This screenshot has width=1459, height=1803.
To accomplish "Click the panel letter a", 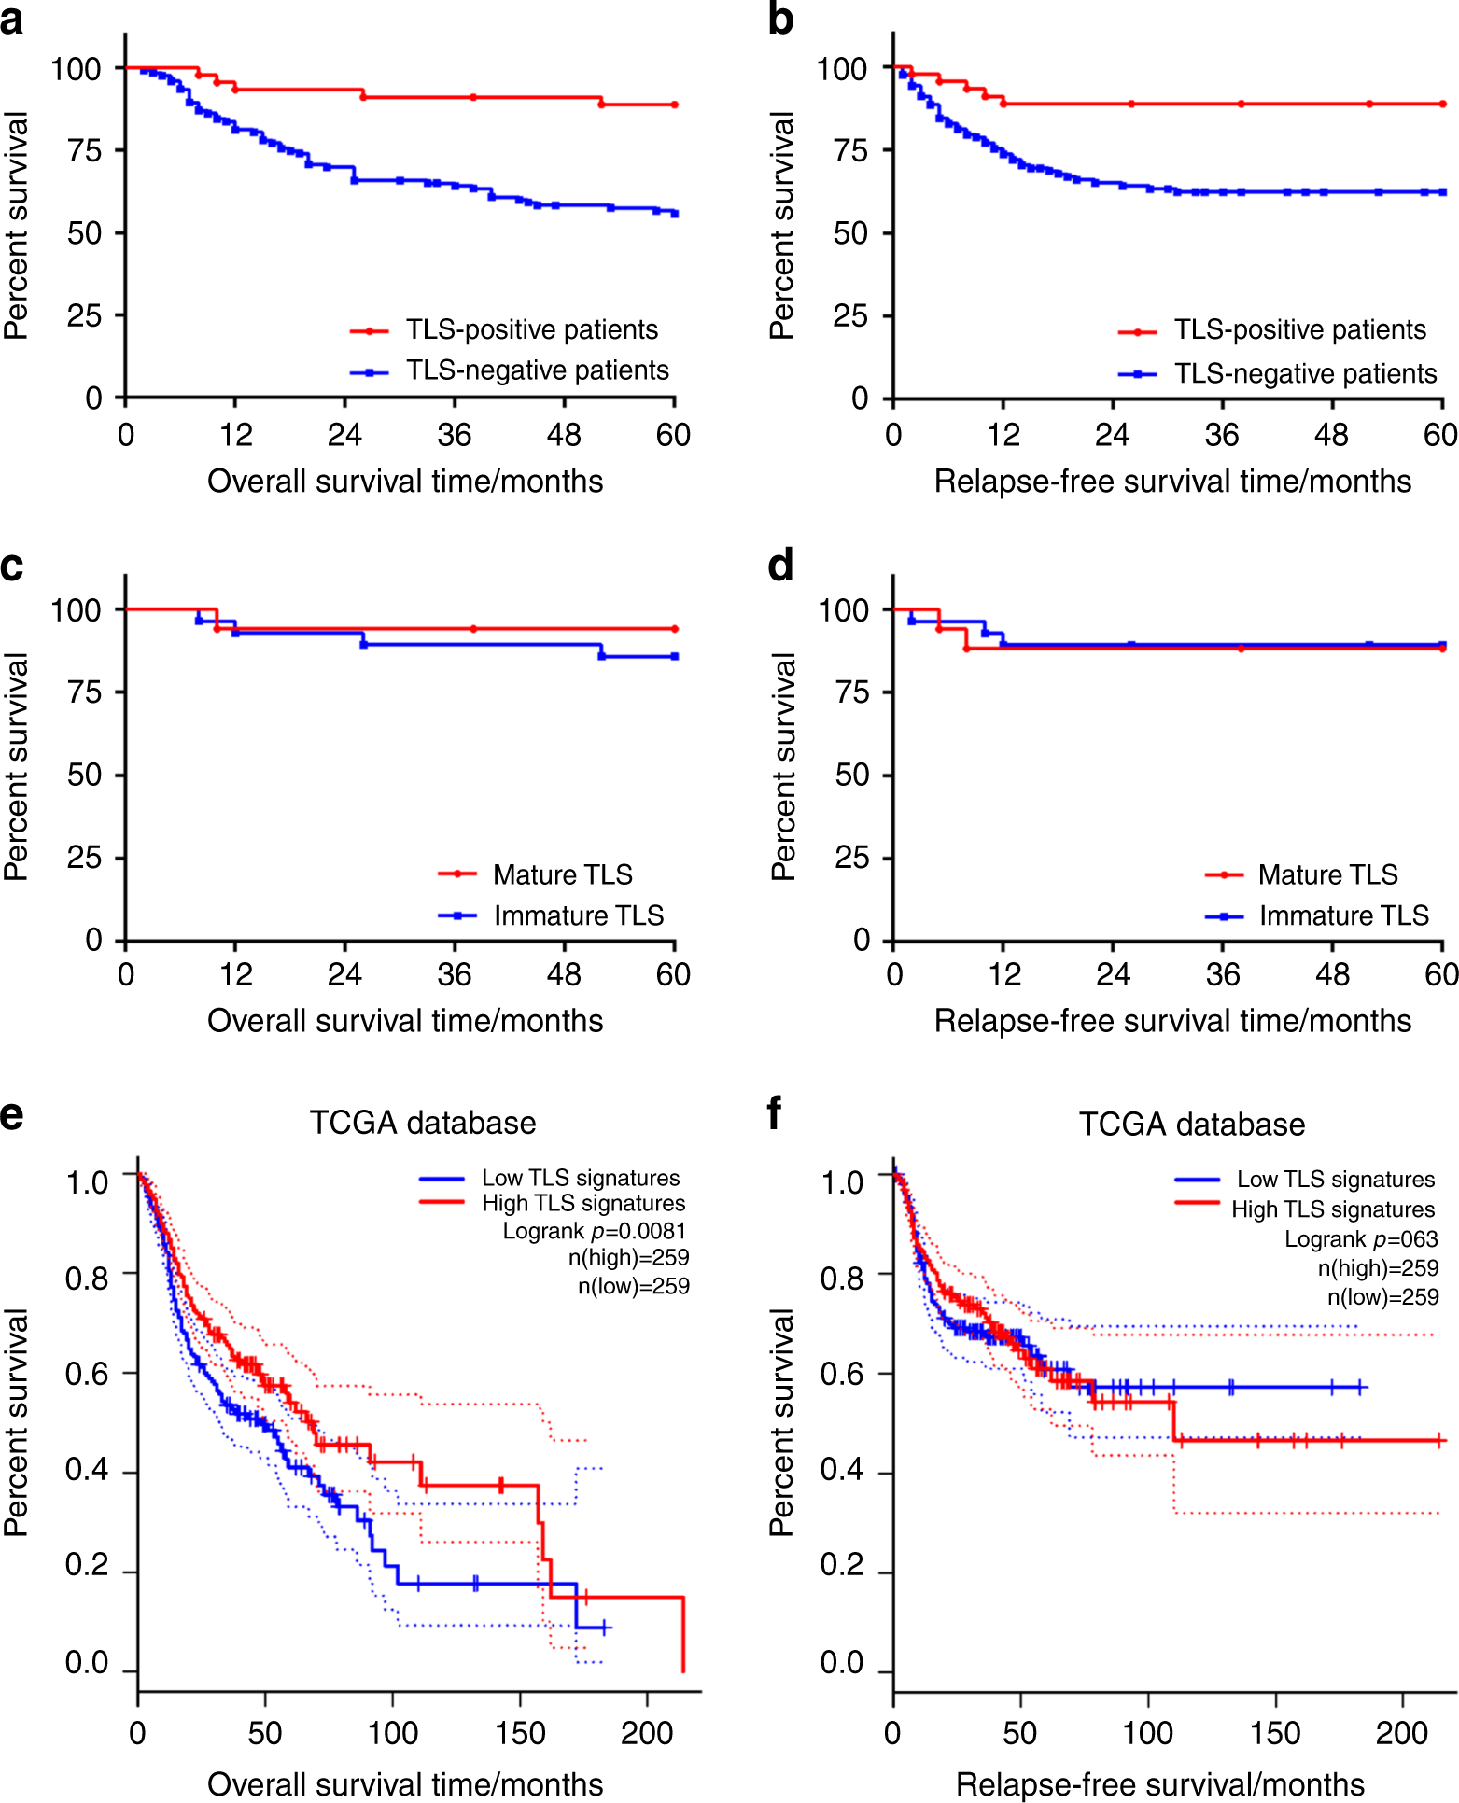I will click(12, 21).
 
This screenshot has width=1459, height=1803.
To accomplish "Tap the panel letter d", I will click(780, 566).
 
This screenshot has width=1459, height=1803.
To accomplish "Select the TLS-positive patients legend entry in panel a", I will click(531, 329).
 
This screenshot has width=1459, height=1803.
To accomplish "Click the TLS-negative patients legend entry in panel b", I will click(1305, 373).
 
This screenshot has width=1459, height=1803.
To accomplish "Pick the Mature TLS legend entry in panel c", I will click(562, 874).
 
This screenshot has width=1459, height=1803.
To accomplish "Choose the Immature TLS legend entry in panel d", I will click(1343, 915).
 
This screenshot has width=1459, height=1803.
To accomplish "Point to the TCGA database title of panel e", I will click(423, 1123).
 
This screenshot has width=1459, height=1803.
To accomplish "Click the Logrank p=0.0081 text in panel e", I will click(594, 1231).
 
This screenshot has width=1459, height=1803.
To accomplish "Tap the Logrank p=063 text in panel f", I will click(1361, 1239).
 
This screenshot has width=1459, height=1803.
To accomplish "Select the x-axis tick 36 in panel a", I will click(455, 435).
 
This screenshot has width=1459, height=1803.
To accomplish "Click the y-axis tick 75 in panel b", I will click(850, 150).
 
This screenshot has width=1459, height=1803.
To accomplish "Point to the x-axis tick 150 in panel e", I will click(520, 1734).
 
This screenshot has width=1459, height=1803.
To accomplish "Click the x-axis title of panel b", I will click(1172, 482).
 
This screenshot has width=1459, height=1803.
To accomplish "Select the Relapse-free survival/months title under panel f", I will click(1160, 1784).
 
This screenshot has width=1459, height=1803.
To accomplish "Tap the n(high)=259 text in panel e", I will click(628, 1258).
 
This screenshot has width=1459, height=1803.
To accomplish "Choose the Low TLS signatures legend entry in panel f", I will click(1335, 1180).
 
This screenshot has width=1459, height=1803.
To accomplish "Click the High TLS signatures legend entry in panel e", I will click(582, 1204).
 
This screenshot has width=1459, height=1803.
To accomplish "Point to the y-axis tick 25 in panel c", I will click(84, 858).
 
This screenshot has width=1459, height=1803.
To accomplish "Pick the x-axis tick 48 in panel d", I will click(1332, 975).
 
